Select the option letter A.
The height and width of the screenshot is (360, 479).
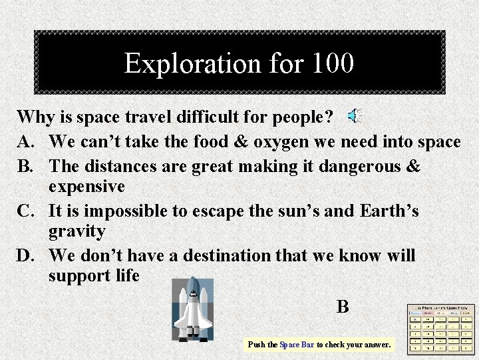point(26,141)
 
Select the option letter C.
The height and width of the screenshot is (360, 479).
point(26,211)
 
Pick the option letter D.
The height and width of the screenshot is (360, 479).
point(26,255)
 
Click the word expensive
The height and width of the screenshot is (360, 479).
point(86,186)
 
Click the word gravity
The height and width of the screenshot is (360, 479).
point(77,232)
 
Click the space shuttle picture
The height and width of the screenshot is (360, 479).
point(192,309)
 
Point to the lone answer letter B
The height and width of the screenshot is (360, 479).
point(343,307)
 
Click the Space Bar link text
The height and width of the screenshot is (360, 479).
point(297,345)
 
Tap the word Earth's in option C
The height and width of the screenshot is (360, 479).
point(389,211)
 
